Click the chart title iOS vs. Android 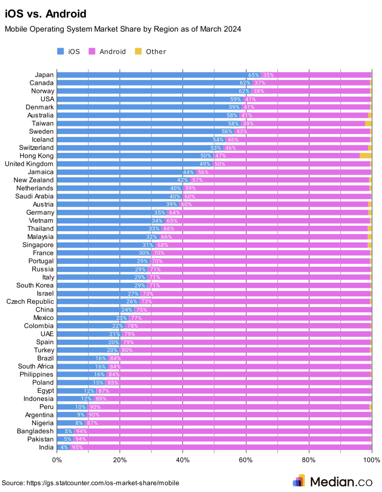pyautogui.click(x=45, y=14)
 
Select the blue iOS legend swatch pyautogui.click(x=60, y=51)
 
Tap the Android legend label pyautogui.click(x=112, y=52)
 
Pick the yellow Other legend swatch pyautogui.click(x=138, y=51)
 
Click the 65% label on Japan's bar pyautogui.click(x=253, y=75)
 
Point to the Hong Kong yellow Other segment pyautogui.click(x=365, y=156)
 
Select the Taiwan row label pyautogui.click(x=42, y=123)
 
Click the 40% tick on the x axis pyautogui.click(x=183, y=460)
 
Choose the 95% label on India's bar pyautogui.click(x=77, y=447)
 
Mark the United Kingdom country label pyautogui.click(x=29, y=164)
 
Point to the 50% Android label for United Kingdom pyautogui.click(x=220, y=164)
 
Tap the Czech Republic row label pyautogui.click(x=30, y=302)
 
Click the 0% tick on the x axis pyautogui.click(x=57, y=460)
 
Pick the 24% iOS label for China pyautogui.click(x=127, y=310)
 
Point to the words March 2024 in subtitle pyautogui.click(x=220, y=29)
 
